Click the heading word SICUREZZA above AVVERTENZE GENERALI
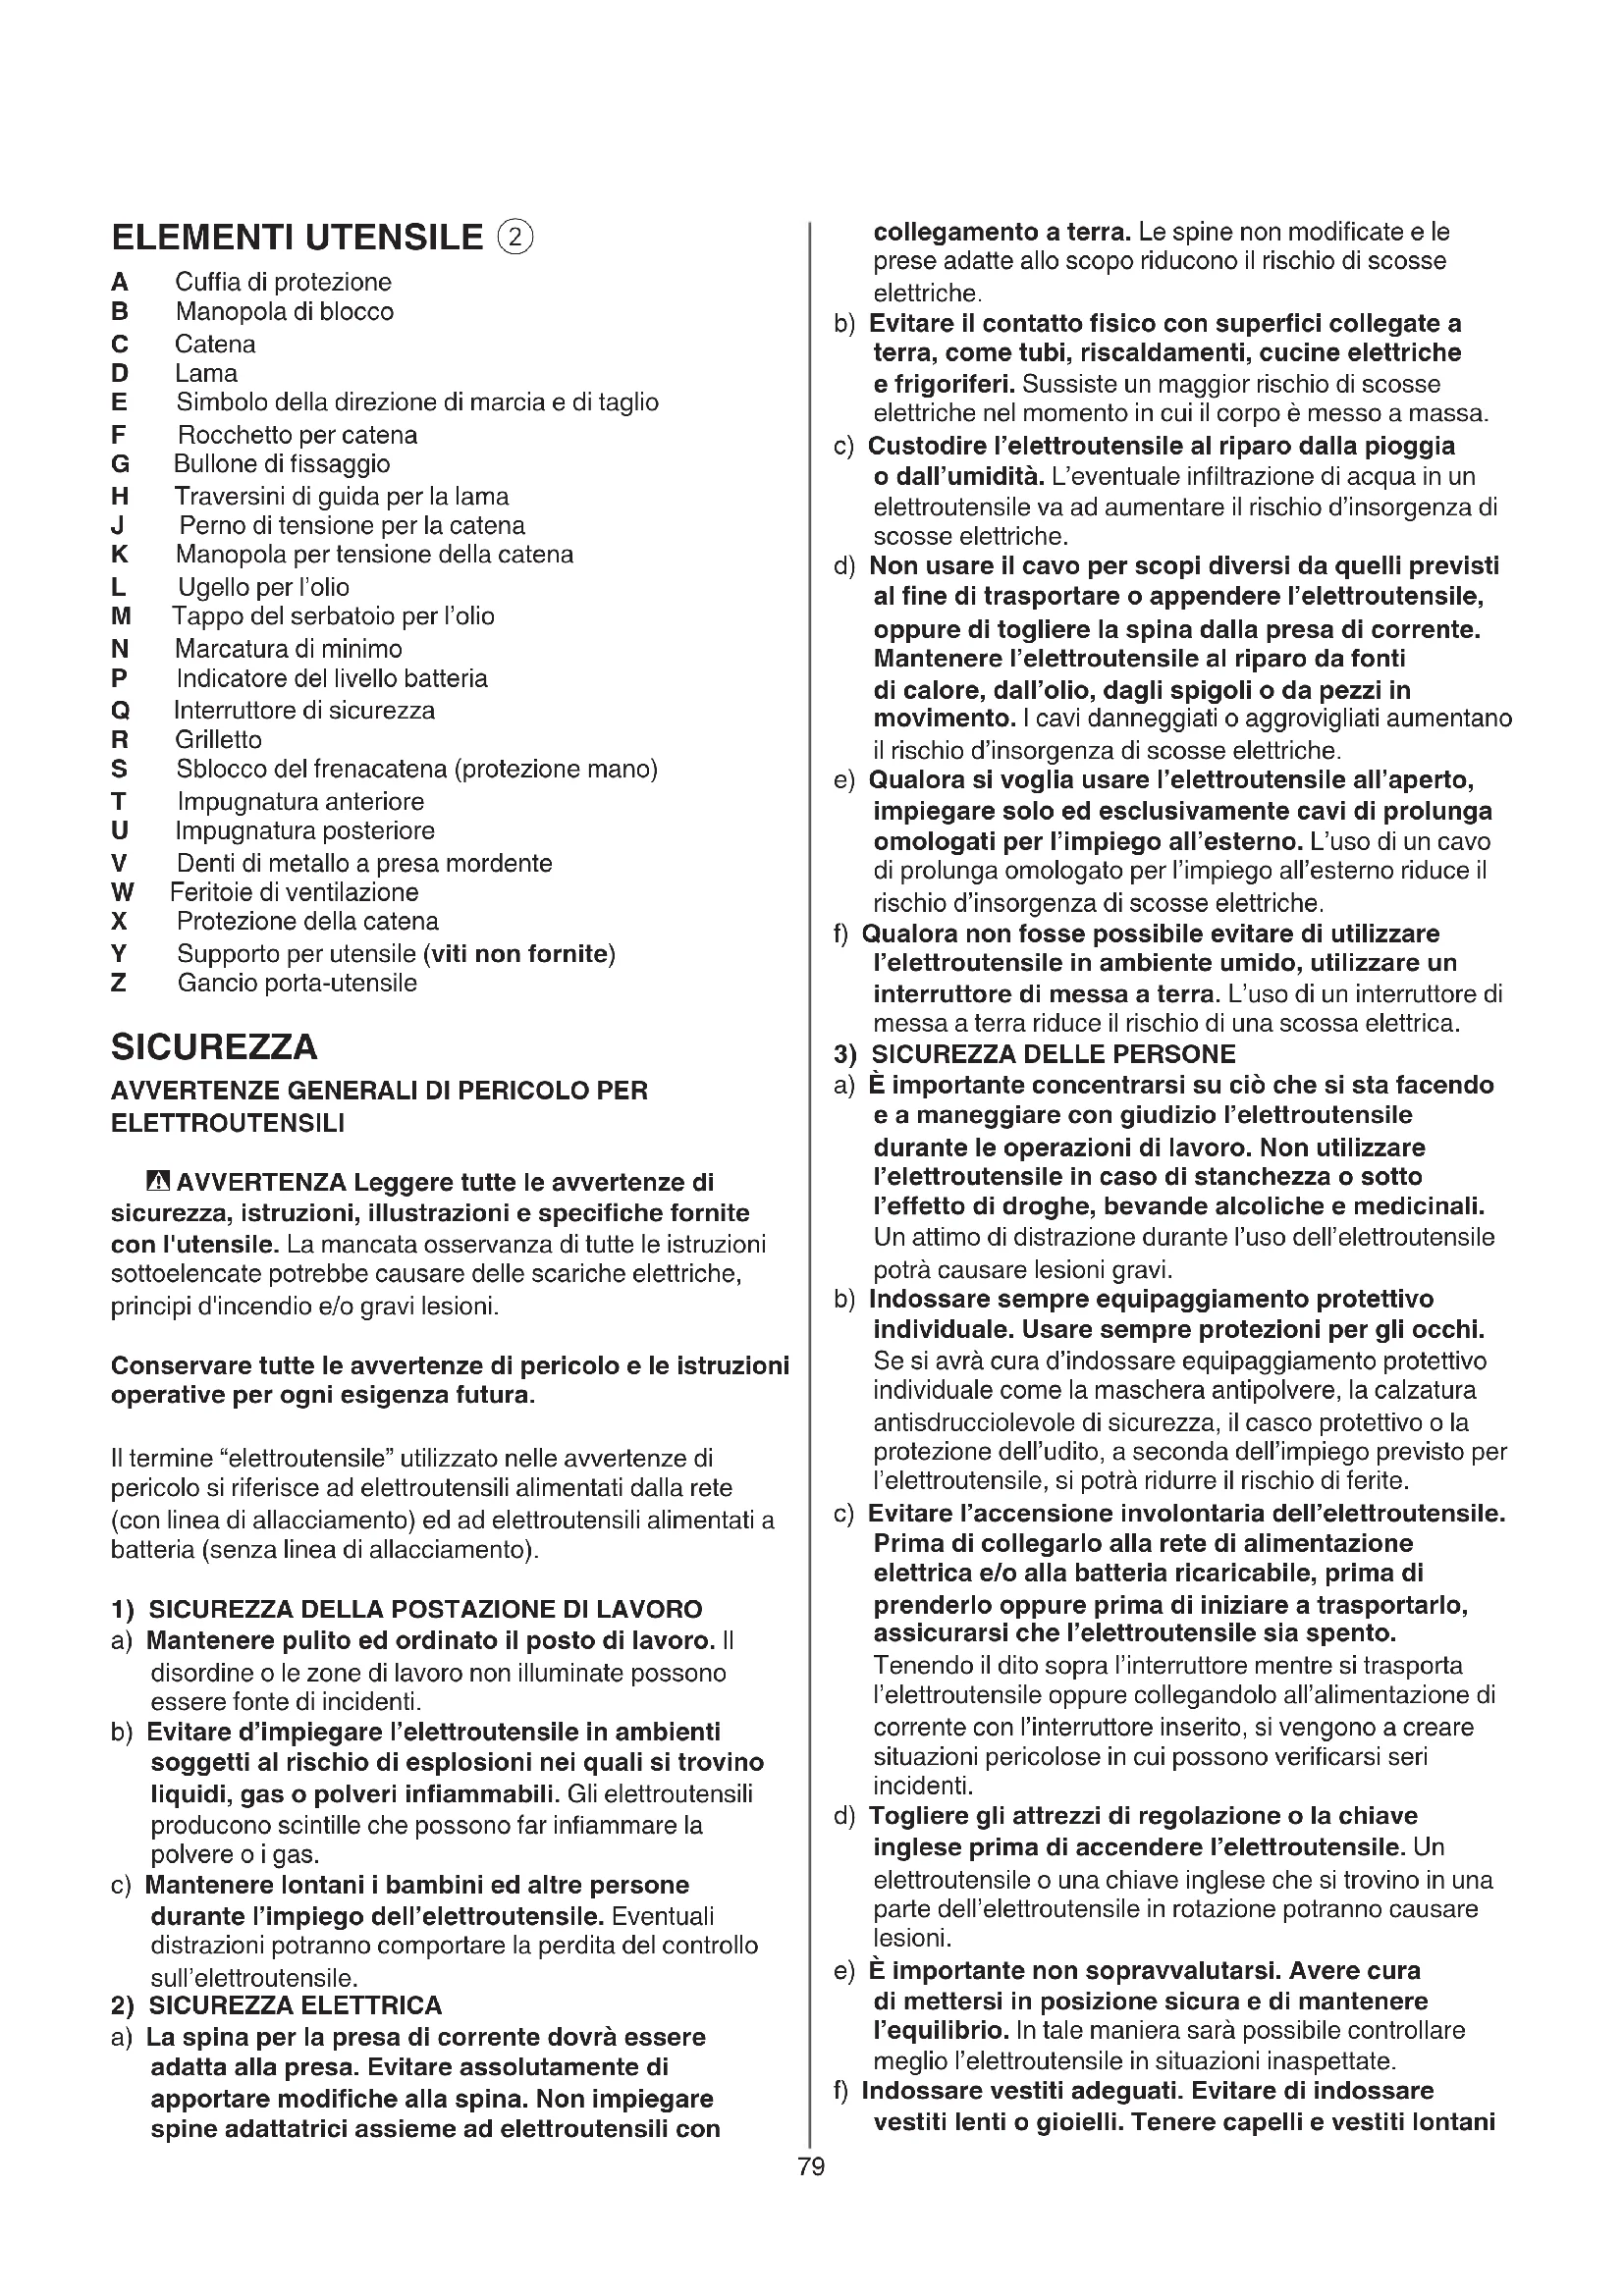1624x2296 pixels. pos(214,1047)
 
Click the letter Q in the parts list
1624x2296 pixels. pos(120,711)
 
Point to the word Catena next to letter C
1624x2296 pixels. pos(215,344)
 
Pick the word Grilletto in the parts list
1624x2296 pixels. pos(218,740)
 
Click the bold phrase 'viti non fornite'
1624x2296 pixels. pos(517,953)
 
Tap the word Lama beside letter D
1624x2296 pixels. pos(206,373)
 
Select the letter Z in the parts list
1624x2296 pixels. pos(119,983)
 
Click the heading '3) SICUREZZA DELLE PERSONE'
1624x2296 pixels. pos(1035,1054)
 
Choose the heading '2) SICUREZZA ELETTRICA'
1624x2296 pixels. pos(276,2005)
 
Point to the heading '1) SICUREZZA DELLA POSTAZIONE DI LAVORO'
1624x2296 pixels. pos(406,1609)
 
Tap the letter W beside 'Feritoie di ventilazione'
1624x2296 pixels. pos(122,892)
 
